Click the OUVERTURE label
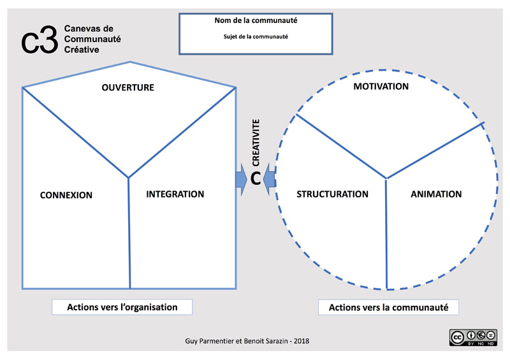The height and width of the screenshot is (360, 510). [127, 87]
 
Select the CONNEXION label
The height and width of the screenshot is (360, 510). [66, 195]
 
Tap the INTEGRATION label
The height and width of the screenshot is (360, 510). [175, 194]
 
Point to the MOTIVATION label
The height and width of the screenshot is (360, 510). [381, 86]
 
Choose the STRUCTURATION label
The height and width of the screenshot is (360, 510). [333, 194]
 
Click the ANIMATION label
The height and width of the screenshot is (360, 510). [437, 194]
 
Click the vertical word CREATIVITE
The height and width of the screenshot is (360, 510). [256, 142]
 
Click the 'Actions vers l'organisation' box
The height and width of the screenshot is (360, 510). [122, 307]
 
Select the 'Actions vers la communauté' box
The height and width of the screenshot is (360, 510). [389, 308]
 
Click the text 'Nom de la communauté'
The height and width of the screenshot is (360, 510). [256, 20]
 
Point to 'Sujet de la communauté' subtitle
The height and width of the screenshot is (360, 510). [256, 36]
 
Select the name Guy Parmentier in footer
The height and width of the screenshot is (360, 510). [205, 342]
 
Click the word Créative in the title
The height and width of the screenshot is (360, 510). [82, 50]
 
